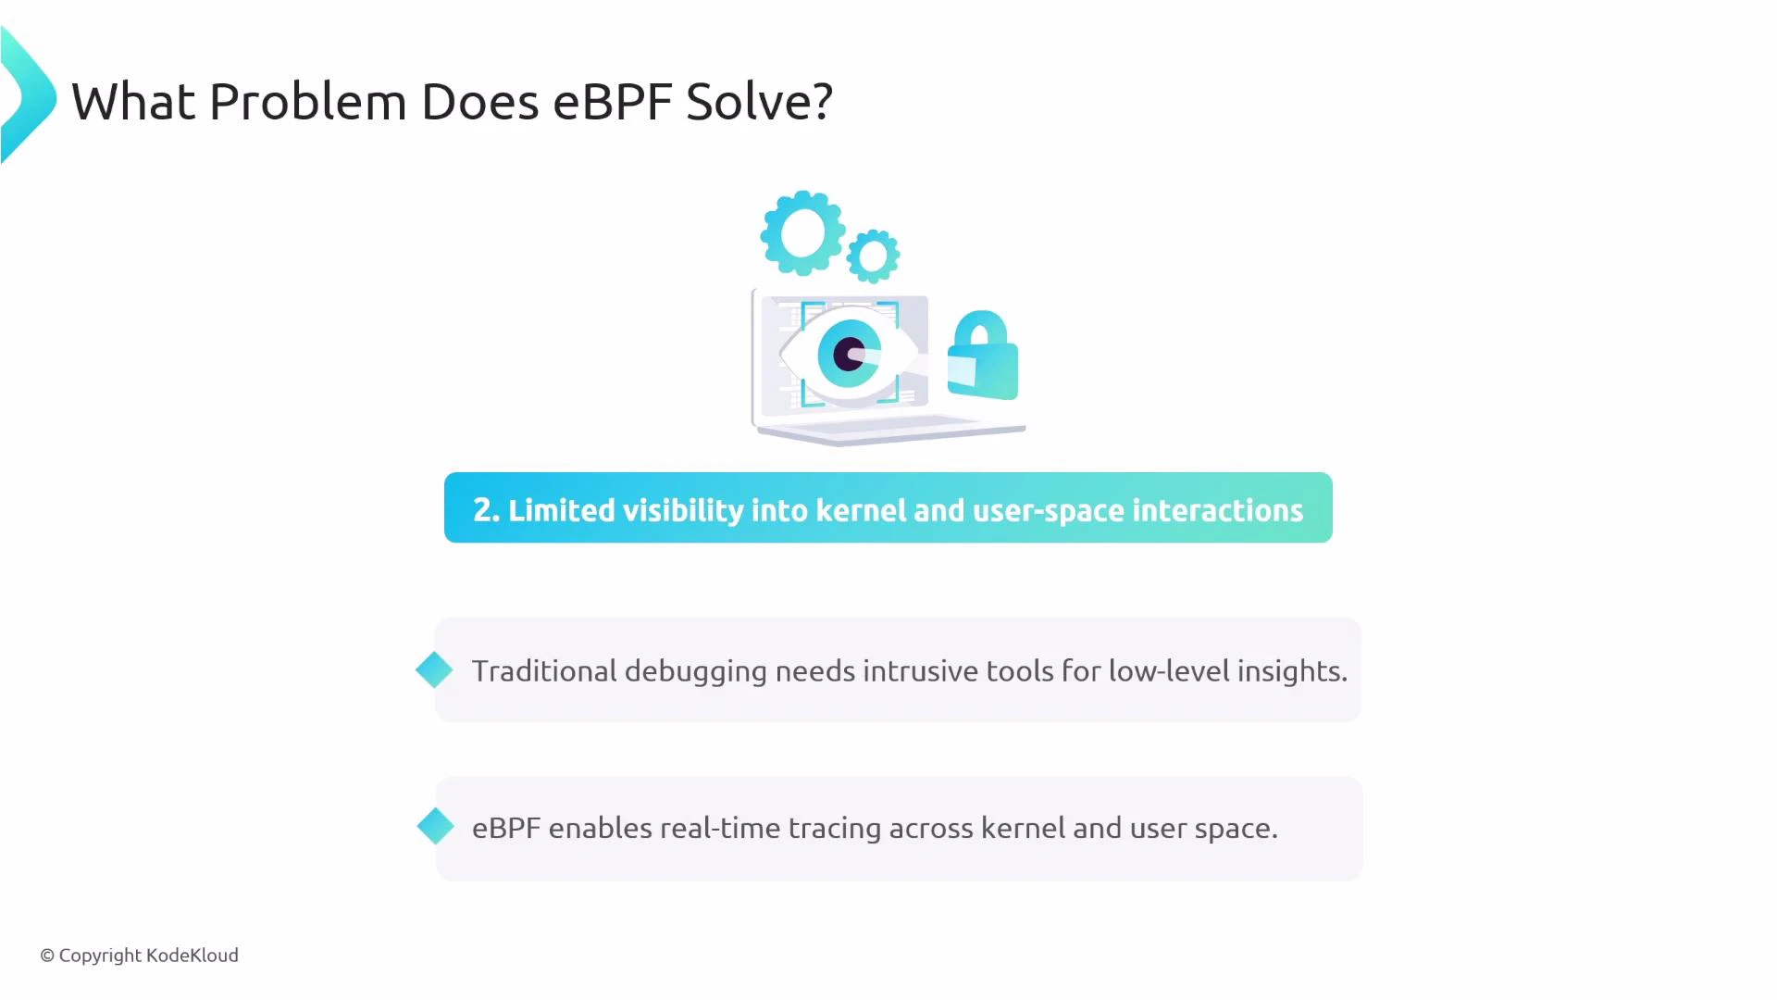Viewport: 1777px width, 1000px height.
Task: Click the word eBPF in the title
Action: point(612,101)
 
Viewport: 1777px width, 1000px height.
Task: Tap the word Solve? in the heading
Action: point(759,101)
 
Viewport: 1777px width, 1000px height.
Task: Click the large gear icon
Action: point(802,233)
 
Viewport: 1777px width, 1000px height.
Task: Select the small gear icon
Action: point(873,256)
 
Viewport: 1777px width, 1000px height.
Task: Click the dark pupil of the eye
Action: point(847,354)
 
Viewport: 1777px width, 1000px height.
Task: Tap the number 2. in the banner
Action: point(486,510)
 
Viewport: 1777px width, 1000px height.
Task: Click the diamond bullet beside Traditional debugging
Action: point(434,669)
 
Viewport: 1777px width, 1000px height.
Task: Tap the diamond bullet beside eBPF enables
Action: point(435,826)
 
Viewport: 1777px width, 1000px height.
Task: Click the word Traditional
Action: point(544,670)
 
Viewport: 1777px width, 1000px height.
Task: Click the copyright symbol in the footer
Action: point(47,956)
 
